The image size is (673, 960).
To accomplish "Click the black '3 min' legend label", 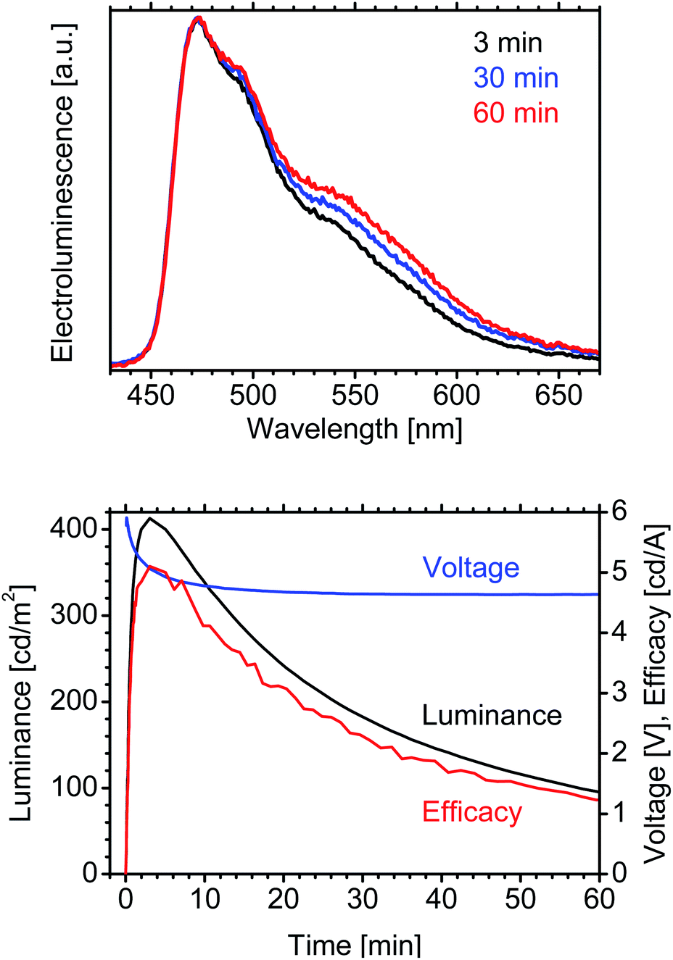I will click(x=508, y=43).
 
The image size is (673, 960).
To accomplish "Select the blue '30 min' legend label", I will click(x=516, y=78).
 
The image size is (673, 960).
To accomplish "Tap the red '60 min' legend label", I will click(x=516, y=113).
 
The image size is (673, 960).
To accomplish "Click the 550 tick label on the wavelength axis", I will click(x=355, y=395).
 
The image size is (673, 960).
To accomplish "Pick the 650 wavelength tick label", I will click(x=559, y=395).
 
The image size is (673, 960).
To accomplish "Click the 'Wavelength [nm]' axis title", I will click(x=355, y=429).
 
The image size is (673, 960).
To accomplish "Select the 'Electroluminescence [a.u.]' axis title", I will click(x=63, y=191).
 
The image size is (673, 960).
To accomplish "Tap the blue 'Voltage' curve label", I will click(x=471, y=567).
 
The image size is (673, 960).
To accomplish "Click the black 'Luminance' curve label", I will click(x=492, y=716).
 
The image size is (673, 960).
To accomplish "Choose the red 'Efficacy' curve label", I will click(x=471, y=812).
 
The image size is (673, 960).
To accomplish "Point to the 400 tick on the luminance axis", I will click(x=74, y=529).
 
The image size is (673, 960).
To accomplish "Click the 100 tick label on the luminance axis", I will click(x=74, y=788).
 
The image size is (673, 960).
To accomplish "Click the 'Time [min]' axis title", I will click(x=354, y=944).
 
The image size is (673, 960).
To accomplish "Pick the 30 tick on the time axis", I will click(x=363, y=899).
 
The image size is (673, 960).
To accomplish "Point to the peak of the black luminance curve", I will click(x=150, y=518).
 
